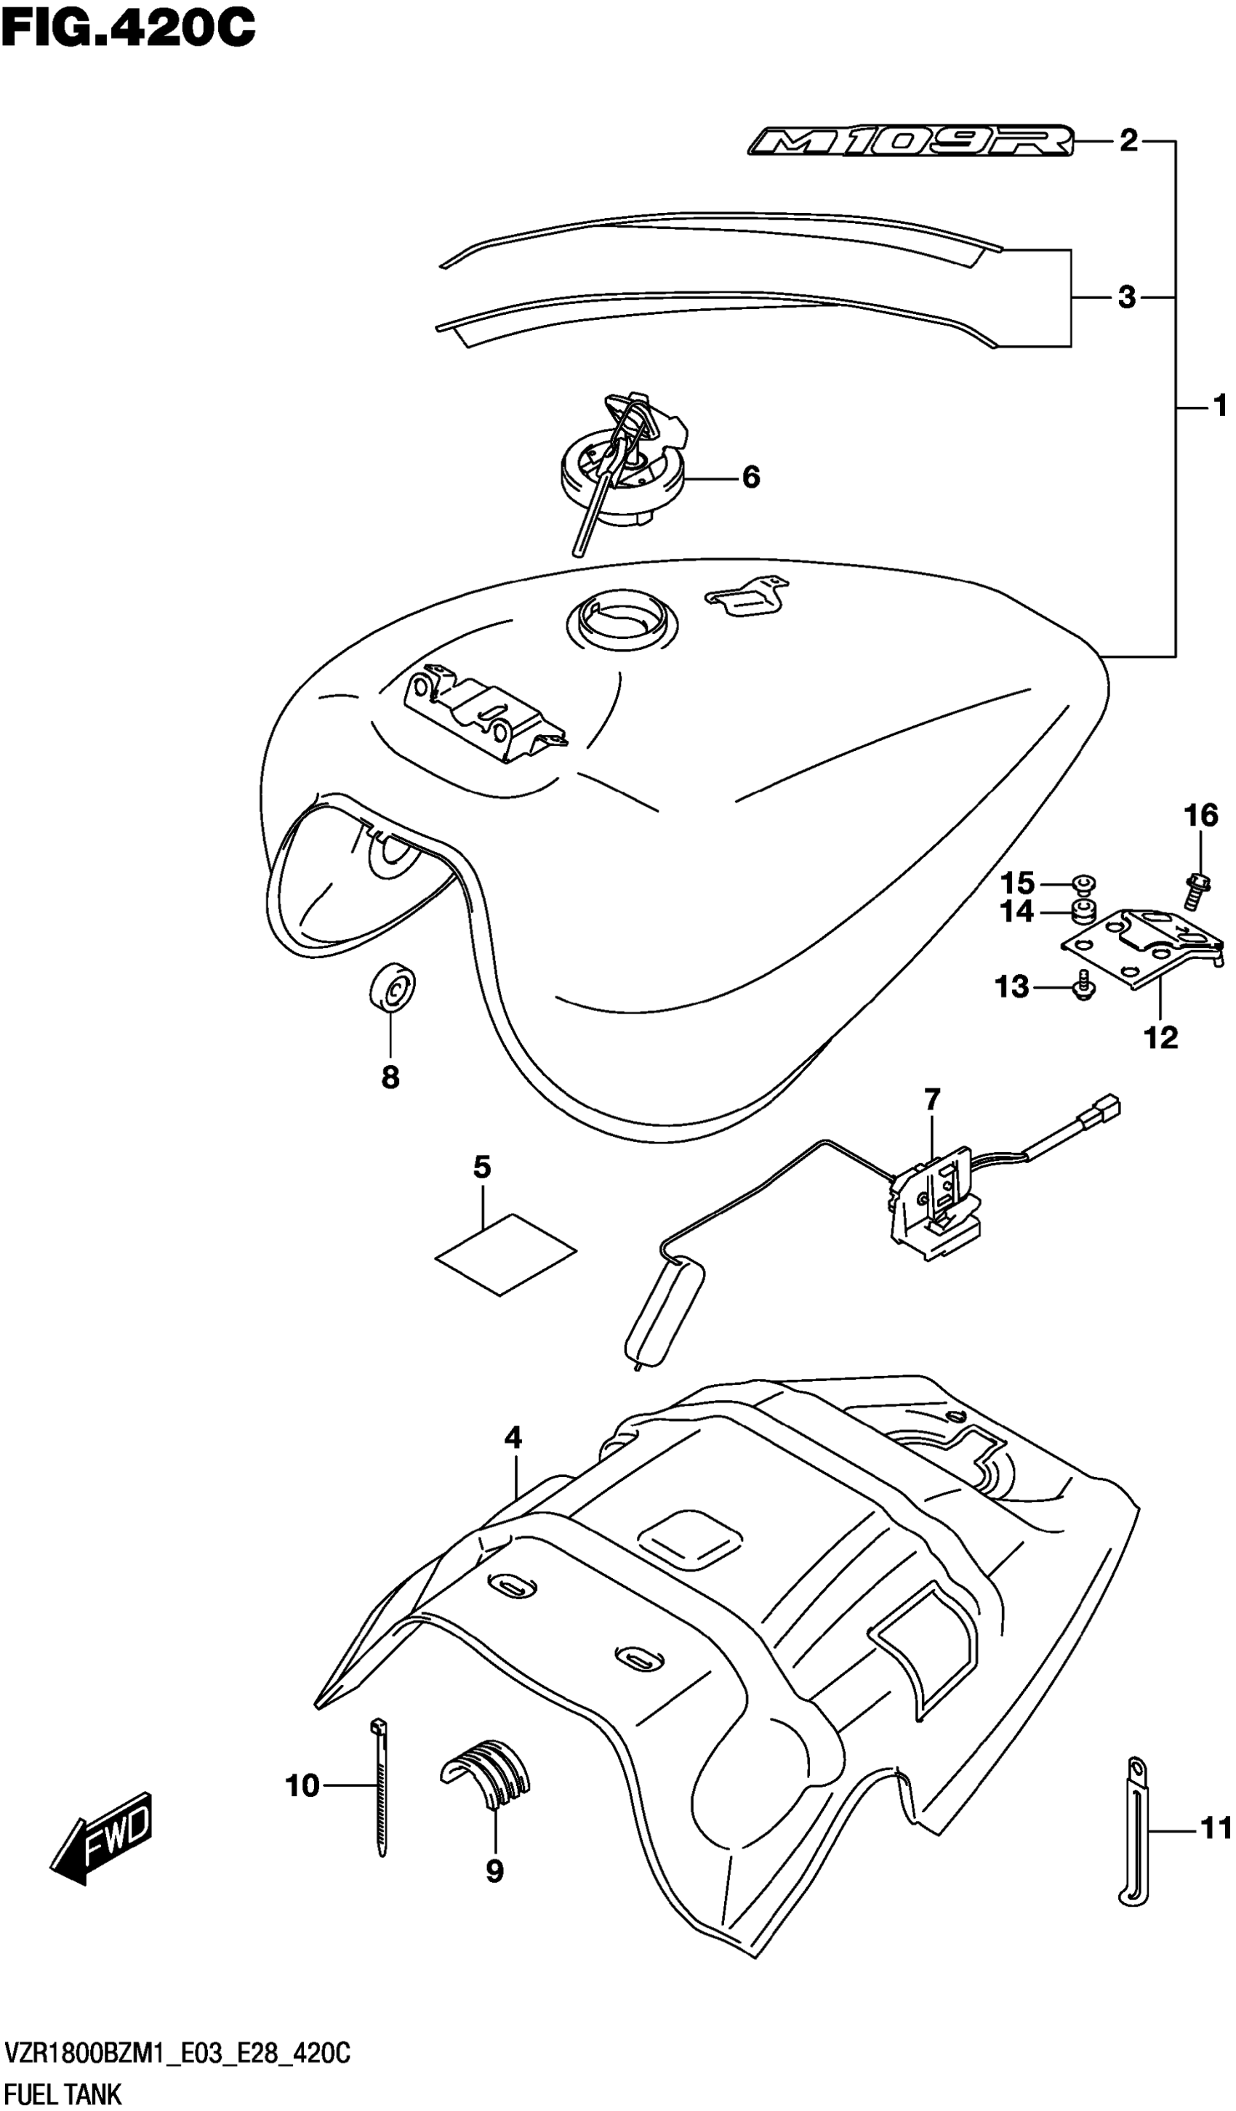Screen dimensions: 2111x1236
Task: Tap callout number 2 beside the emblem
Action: coord(1128,142)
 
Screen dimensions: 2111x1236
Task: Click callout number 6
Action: coord(751,478)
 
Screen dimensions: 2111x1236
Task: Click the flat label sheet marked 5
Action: coord(506,1254)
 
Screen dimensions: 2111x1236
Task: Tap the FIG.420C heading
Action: coord(127,28)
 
